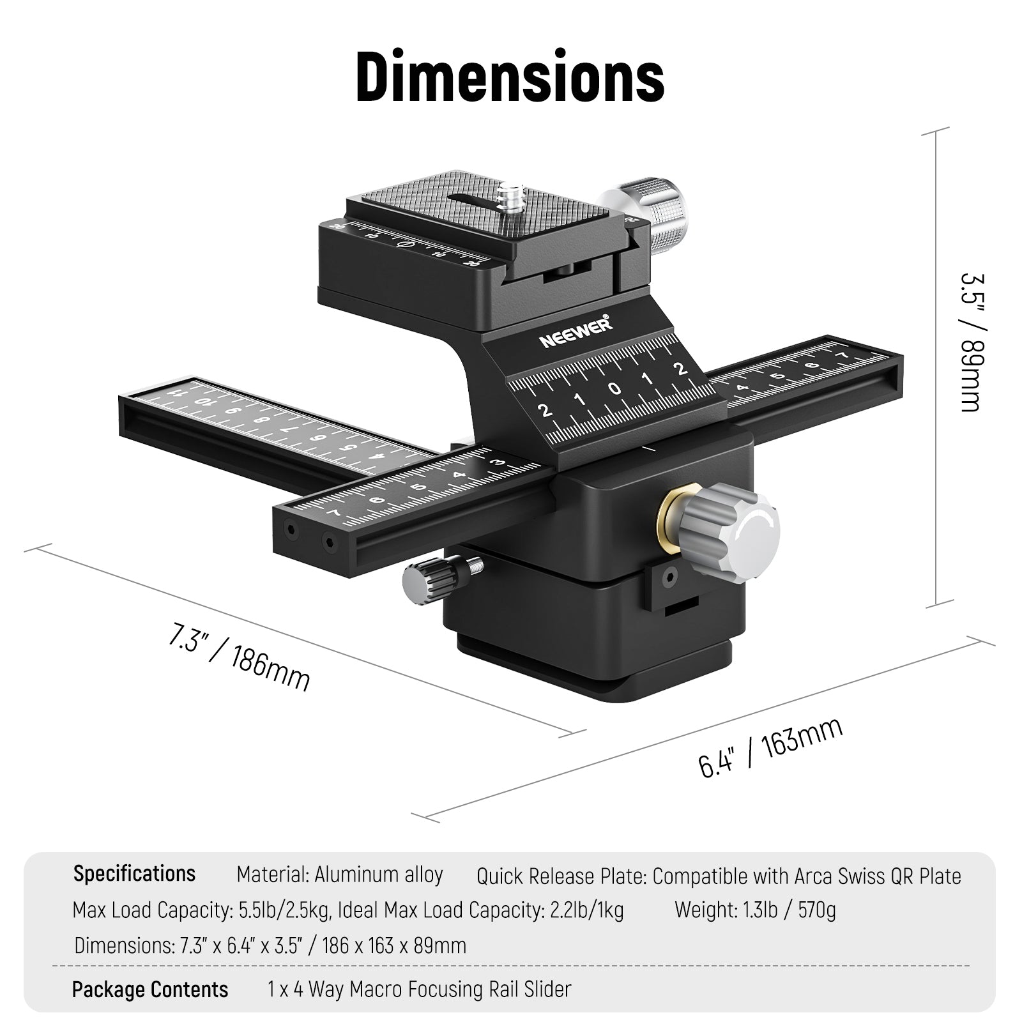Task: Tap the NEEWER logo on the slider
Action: [576, 333]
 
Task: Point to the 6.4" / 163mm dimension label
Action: [770, 747]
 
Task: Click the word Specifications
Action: [134, 873]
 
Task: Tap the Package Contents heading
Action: [149, 989]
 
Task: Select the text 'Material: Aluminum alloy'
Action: [339, 874]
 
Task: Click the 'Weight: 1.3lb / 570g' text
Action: [755, 910]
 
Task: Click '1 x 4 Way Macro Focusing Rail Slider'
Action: [419, 989]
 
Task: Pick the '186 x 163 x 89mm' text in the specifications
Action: [394, 945]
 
